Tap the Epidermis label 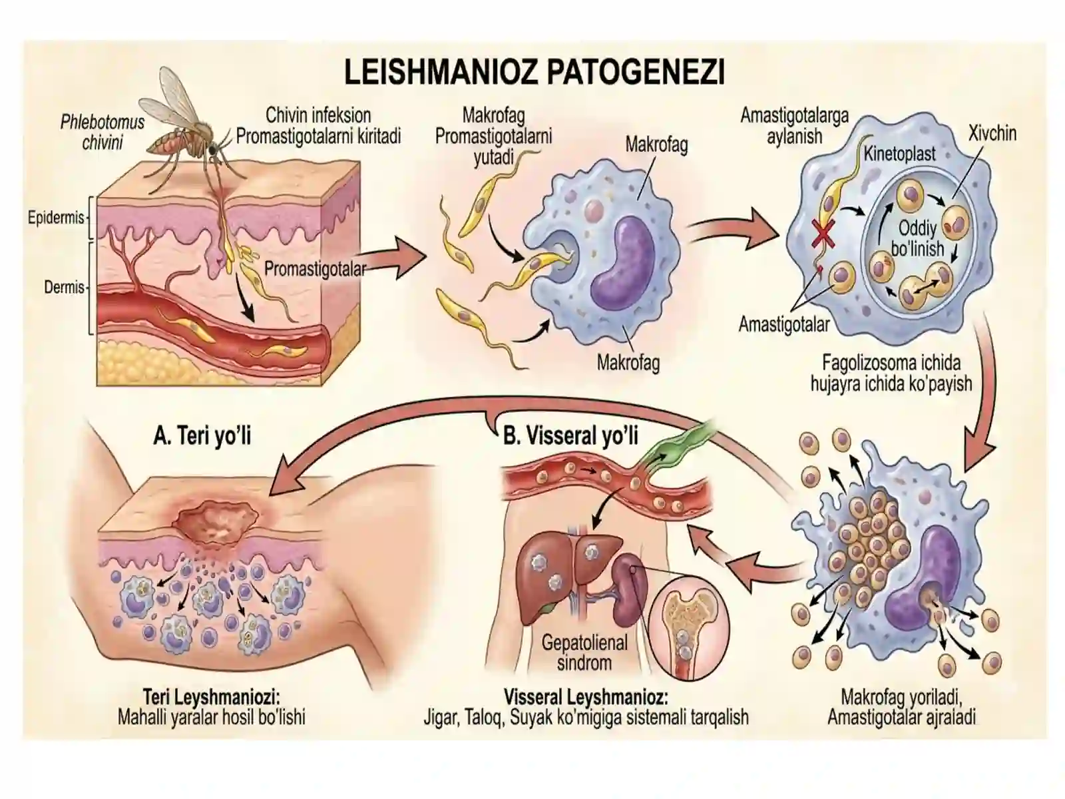pos(56,218)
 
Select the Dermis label pos(64,287)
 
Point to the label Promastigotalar pos(315,269)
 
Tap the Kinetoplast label pos(899,154)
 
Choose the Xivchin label pos(992,133)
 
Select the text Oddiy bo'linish pos(917,238)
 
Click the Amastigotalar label pos(784,324)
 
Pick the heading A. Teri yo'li pos(202,435)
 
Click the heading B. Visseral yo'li pos(570,435)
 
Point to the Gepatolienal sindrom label pos(584,653)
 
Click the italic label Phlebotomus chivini pos(103,132)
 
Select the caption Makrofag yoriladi pos(901,698)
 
